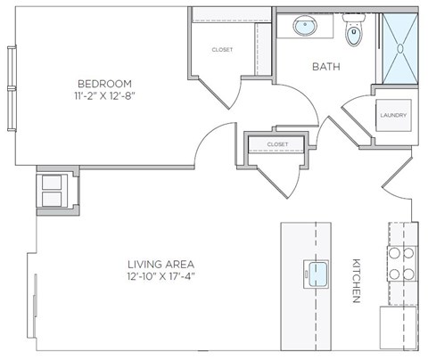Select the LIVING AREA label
(x=160, y=265)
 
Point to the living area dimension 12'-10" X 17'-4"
(x=160, y=278)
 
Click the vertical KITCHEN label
(x=355, y=281)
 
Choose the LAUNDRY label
(x=393, y=115)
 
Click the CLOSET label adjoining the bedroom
(x=222, y=50)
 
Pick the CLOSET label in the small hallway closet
(x=277, y=143)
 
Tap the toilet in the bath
(x=354, y=34)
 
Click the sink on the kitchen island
(x=317, y=271)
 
